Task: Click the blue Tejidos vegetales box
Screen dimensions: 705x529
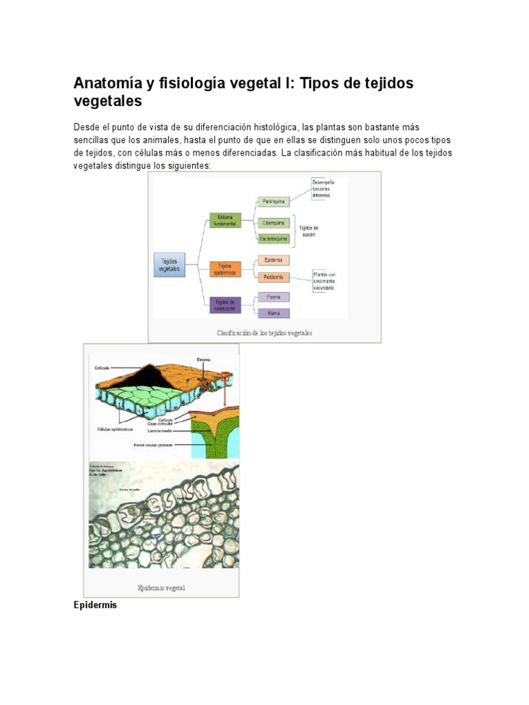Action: [169, 265]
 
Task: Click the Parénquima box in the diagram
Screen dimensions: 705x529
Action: [273, 202]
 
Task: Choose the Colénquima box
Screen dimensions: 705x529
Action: [273, 223]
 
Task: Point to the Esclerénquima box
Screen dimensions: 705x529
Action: [273, 238]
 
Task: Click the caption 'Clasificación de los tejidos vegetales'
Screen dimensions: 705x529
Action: [264, 333]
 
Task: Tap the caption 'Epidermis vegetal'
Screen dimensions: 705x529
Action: [161, 588]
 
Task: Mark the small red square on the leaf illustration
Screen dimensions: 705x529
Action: [225, 376]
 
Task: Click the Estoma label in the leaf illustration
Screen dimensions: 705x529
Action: [203, 359]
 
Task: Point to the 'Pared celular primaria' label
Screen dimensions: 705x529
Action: [153, 445]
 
